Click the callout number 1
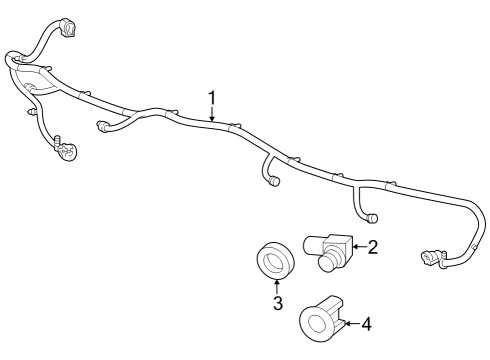212,97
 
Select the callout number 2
372,247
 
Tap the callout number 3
278,303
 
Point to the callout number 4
366,323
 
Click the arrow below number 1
212,115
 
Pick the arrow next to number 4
349,323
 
